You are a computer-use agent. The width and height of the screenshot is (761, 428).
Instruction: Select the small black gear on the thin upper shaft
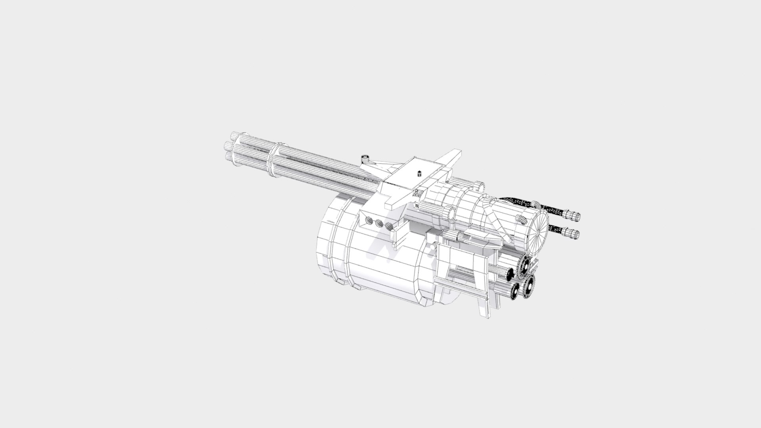pos(510,274)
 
